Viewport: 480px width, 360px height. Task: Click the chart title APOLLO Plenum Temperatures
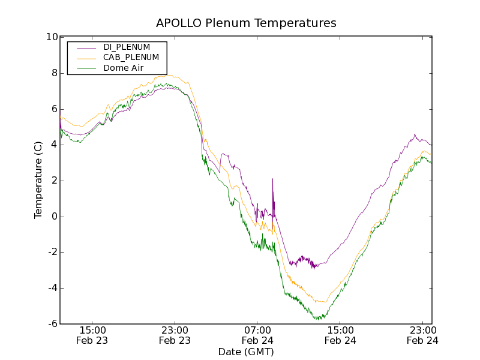pos(246,23)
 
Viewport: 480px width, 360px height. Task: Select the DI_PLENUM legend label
pos(127,47)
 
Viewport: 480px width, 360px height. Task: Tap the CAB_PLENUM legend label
pos(131,58)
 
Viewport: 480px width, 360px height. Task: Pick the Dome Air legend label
pos(123,68)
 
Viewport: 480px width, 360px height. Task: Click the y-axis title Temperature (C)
pos(38,180)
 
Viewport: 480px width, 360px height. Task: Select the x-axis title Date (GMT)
pos(246,352)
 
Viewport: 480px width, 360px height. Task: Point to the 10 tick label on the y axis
pos(52,37)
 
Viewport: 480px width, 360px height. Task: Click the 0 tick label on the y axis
pos(54,217)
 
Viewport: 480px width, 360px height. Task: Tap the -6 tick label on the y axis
pos(52,324)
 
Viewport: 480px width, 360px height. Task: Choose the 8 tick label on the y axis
pos(54,73)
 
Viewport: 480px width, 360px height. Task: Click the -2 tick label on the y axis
pos(52,253)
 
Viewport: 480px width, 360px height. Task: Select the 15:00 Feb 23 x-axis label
pos(92,335)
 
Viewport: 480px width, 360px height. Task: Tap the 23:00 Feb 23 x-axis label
pos(175,335)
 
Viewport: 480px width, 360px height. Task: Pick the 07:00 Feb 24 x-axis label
pos(257,335)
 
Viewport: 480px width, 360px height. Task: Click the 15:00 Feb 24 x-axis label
pos(340,335)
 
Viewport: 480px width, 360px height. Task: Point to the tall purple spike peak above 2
pos(272,179)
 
